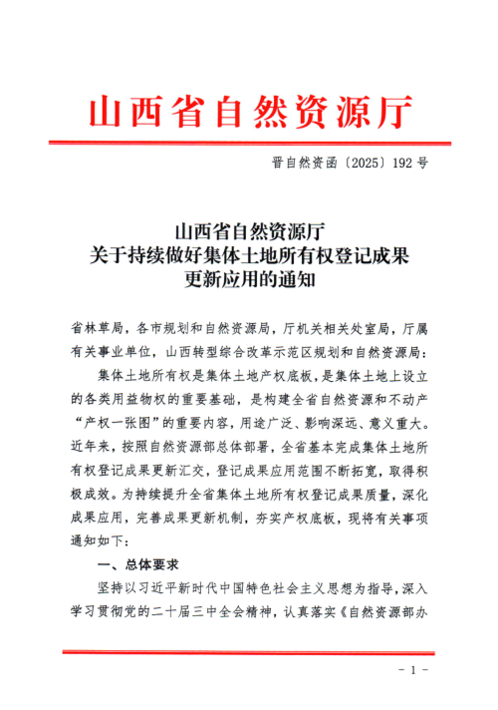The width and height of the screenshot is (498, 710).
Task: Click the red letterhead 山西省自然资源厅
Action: pos(250,111)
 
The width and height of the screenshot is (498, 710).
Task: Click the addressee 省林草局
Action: pos(96,327)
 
